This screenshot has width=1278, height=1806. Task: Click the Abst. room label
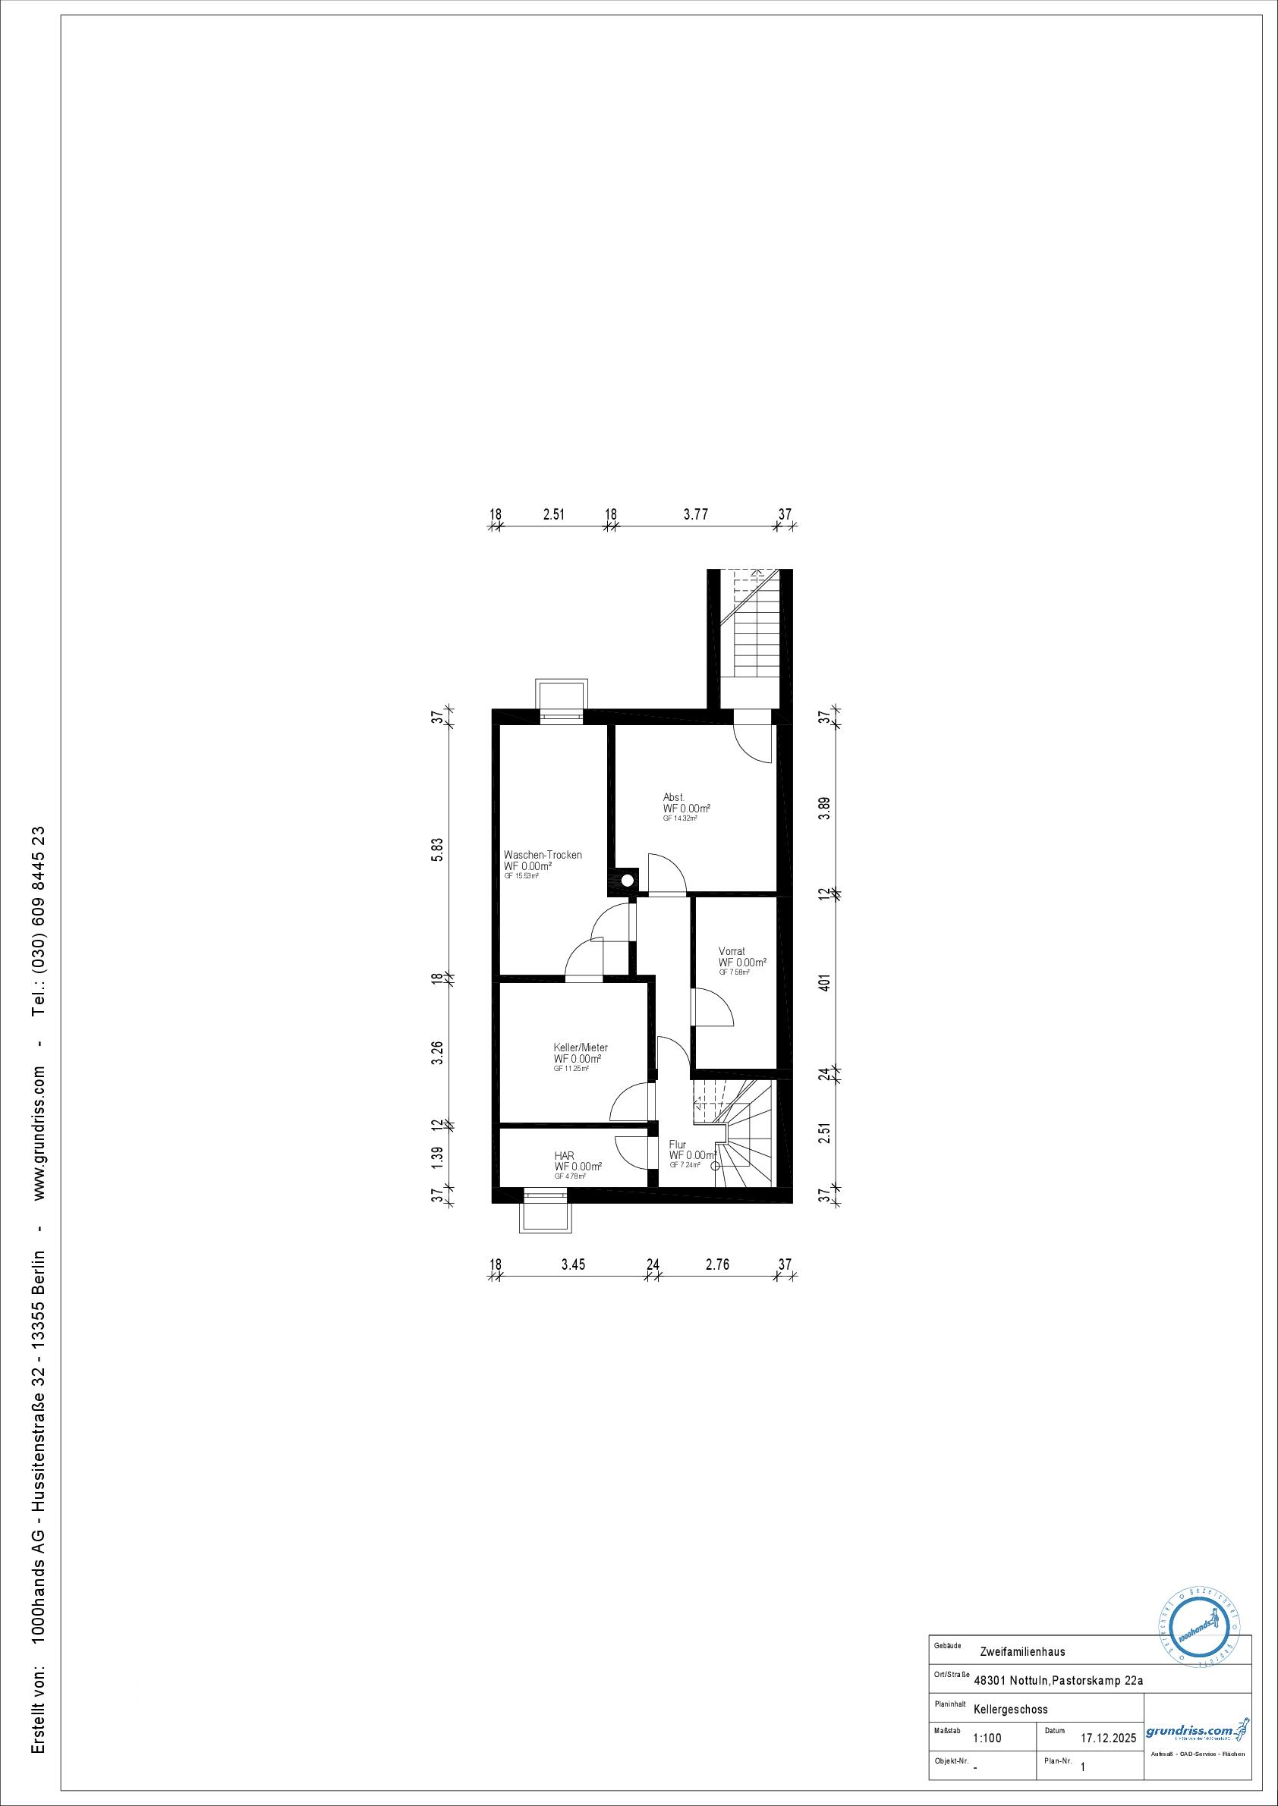[673, 797]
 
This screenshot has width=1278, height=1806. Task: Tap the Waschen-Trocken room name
[542, 855]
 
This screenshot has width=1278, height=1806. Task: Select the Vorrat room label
[731, 951]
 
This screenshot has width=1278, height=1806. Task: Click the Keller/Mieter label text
[580, 1047]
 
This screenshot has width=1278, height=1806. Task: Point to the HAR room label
[563, 1155]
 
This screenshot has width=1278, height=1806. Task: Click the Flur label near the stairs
[677, 1145]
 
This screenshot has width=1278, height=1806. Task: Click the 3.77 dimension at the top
[695, 514]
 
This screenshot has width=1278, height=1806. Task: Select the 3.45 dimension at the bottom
[573, 1265]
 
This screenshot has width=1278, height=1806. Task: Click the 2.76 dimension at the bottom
[718, 1265]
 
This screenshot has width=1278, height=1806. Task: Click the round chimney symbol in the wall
[627, 881]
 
